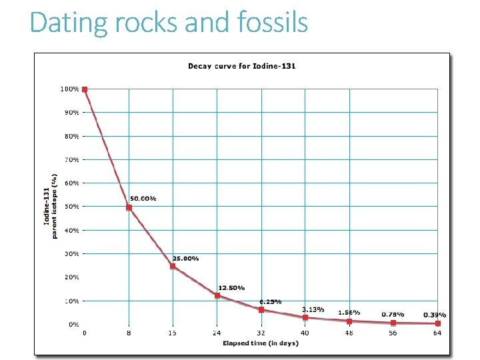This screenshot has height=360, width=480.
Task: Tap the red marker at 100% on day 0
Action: click(85, 89)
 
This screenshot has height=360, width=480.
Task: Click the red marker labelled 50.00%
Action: click(129, 208)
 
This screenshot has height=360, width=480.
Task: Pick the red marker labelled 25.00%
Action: click(173, 266)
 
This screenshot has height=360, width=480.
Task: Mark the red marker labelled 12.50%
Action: click(217, 295)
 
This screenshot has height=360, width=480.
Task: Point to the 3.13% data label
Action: click(313, 309)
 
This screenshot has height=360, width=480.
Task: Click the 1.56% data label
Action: click(349, 312)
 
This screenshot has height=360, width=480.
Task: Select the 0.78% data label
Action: click(393, 314)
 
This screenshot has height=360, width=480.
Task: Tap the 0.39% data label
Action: click(435, 315)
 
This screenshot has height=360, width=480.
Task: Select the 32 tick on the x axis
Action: click(261, 333)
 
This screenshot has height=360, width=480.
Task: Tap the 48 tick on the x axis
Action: click(349, 333)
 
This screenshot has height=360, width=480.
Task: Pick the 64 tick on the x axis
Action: click(437, 333)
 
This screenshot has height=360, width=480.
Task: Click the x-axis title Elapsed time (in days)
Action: click(260, 343)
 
